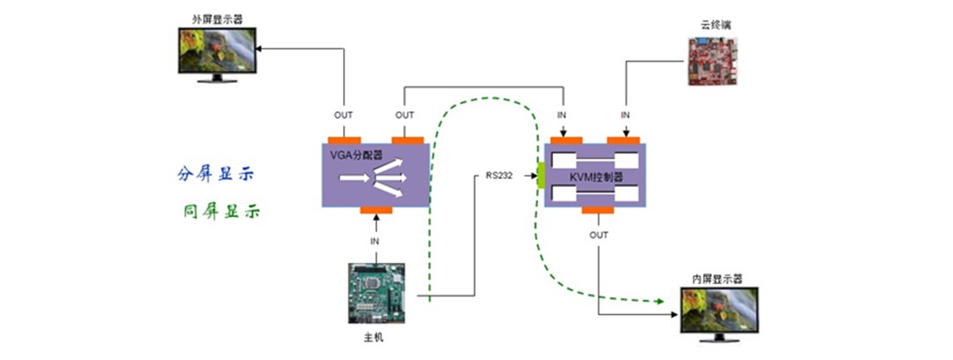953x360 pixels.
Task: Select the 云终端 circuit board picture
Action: [712, 62]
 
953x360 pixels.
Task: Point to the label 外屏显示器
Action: [214, 18]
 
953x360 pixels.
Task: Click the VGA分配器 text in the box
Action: [351, 156]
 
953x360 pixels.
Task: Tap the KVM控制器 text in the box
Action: [595, 176]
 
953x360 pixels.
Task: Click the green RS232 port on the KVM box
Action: [540, 174]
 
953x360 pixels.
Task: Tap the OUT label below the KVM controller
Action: [598, 236]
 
